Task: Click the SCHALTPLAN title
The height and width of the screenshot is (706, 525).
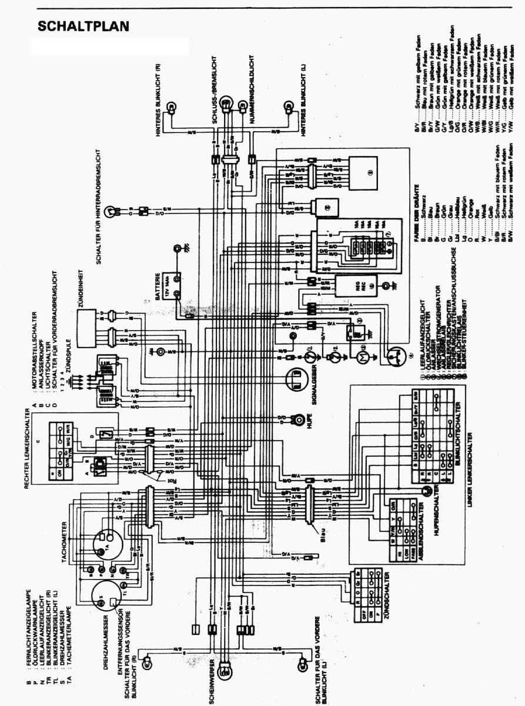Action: point(83,26)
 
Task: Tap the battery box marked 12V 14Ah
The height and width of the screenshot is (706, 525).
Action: point(175,287)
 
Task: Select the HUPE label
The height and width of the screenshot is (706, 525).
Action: point(308,422)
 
